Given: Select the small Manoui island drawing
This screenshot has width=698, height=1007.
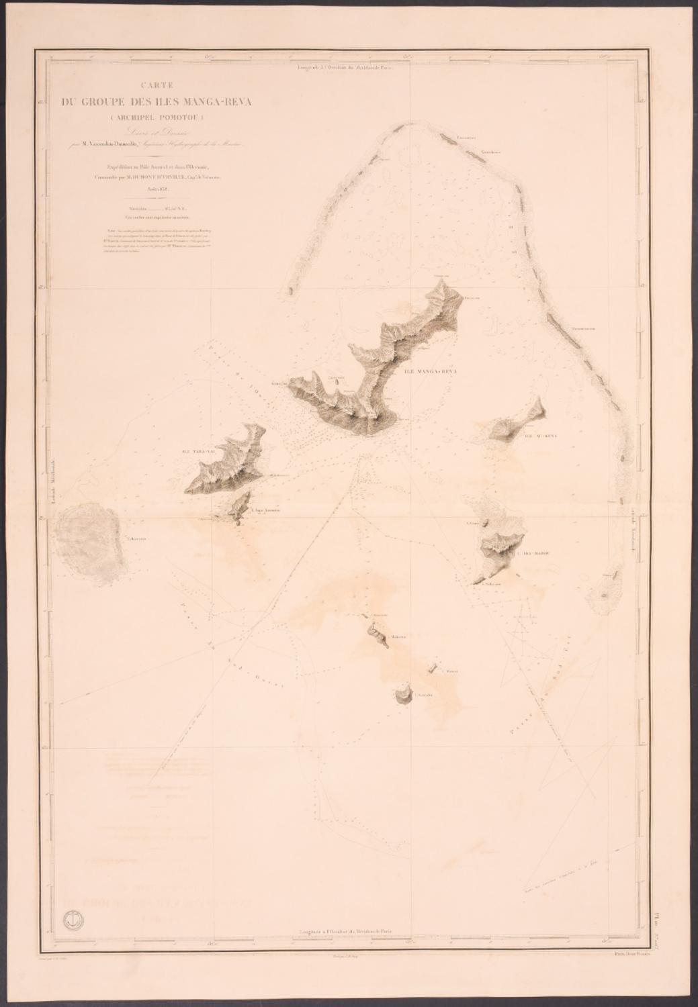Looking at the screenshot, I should tap(434, 667).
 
